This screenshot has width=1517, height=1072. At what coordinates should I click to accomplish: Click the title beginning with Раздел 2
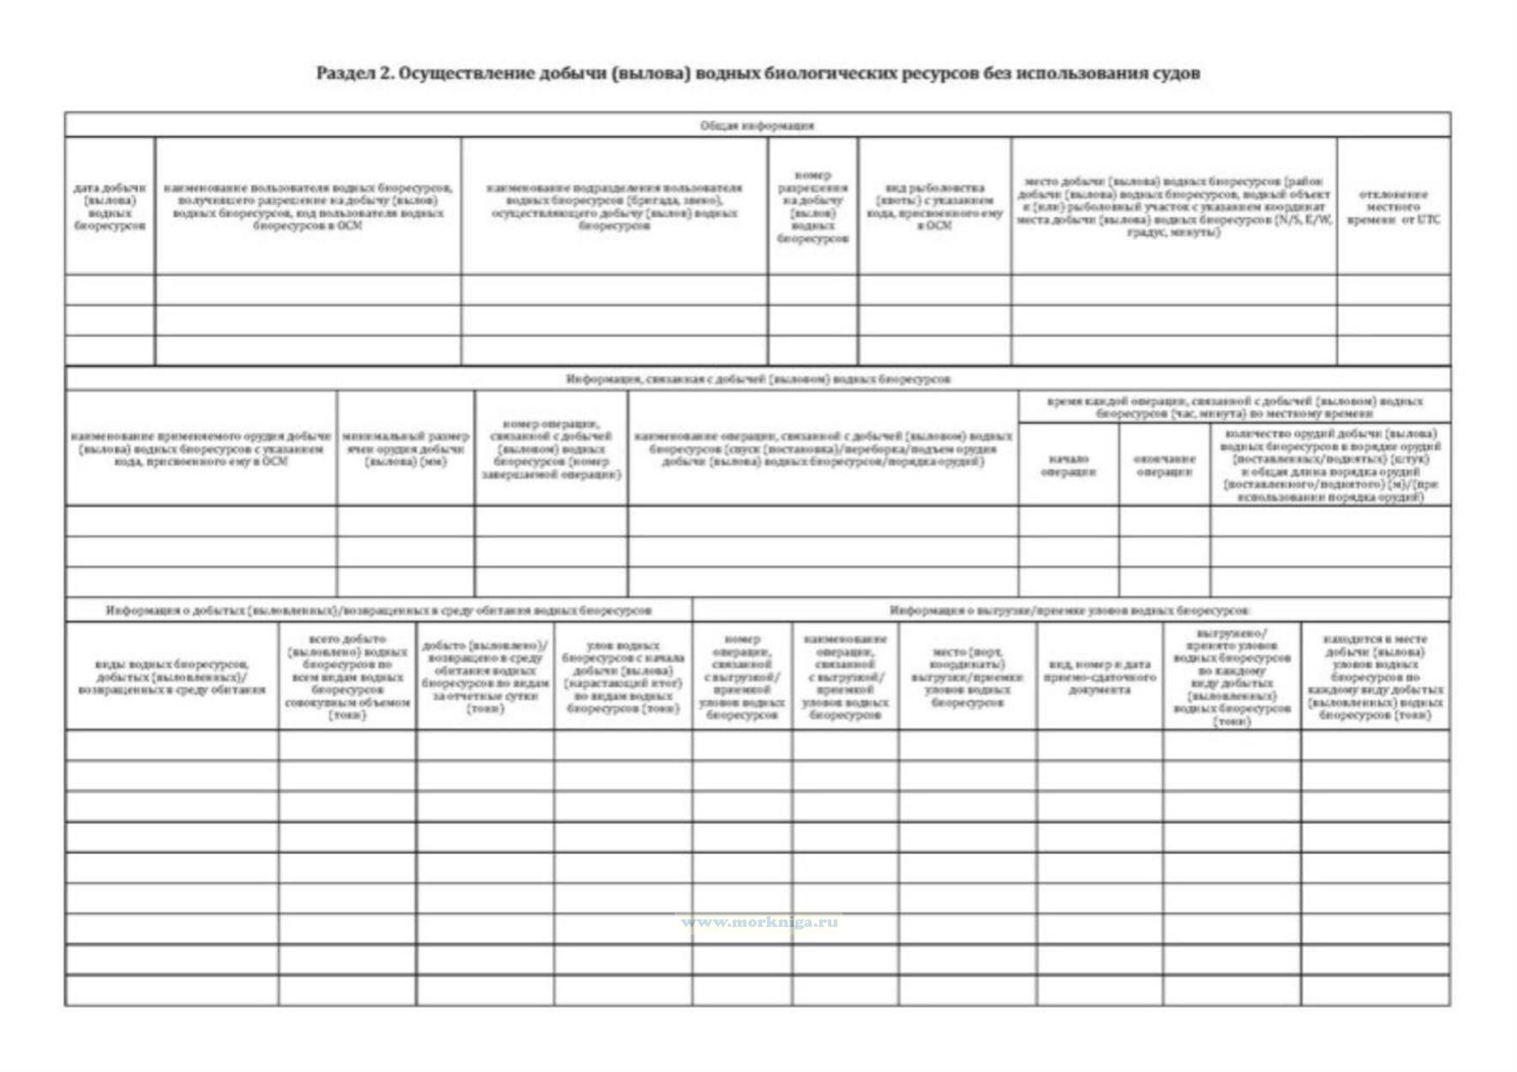point(758,74)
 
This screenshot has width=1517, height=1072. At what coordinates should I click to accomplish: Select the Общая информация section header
point(758,125)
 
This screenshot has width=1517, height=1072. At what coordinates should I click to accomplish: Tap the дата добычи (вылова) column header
point(110,207)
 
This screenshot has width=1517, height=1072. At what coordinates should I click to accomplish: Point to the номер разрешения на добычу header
point(812,207)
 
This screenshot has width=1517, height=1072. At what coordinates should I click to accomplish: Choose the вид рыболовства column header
point(934,207)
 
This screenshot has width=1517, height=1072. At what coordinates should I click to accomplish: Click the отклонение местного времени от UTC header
point(1393,207)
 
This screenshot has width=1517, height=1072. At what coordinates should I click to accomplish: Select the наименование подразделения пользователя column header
point(614,207)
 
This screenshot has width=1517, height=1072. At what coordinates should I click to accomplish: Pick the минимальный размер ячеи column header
point(405,449)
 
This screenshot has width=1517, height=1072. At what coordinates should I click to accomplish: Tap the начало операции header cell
point(1068,465)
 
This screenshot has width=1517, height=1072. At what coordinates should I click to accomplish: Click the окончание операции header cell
point(1164,465)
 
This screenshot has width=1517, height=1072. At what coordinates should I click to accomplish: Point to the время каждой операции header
point(1234,407)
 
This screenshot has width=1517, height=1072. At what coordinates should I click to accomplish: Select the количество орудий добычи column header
point(1330,465)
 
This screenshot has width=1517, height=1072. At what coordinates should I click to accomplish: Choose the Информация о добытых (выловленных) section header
point(379,611)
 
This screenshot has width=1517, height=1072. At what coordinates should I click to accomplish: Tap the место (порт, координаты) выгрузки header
point(967,677)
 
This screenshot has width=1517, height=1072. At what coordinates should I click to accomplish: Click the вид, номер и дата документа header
point(1100,677)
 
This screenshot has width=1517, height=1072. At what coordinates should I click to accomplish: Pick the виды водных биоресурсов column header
point(171,677)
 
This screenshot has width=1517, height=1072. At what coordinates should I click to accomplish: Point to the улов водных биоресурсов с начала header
point(622,677)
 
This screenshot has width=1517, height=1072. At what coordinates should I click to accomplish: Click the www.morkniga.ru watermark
point(759,923)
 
